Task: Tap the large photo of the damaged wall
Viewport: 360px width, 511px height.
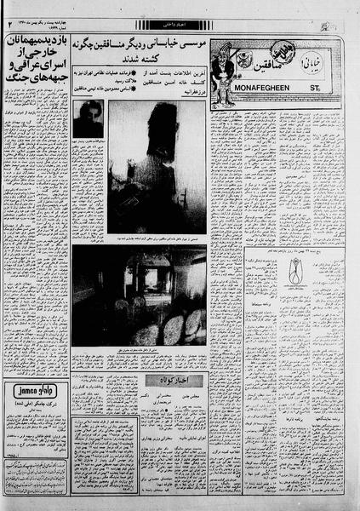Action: [157, 165]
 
